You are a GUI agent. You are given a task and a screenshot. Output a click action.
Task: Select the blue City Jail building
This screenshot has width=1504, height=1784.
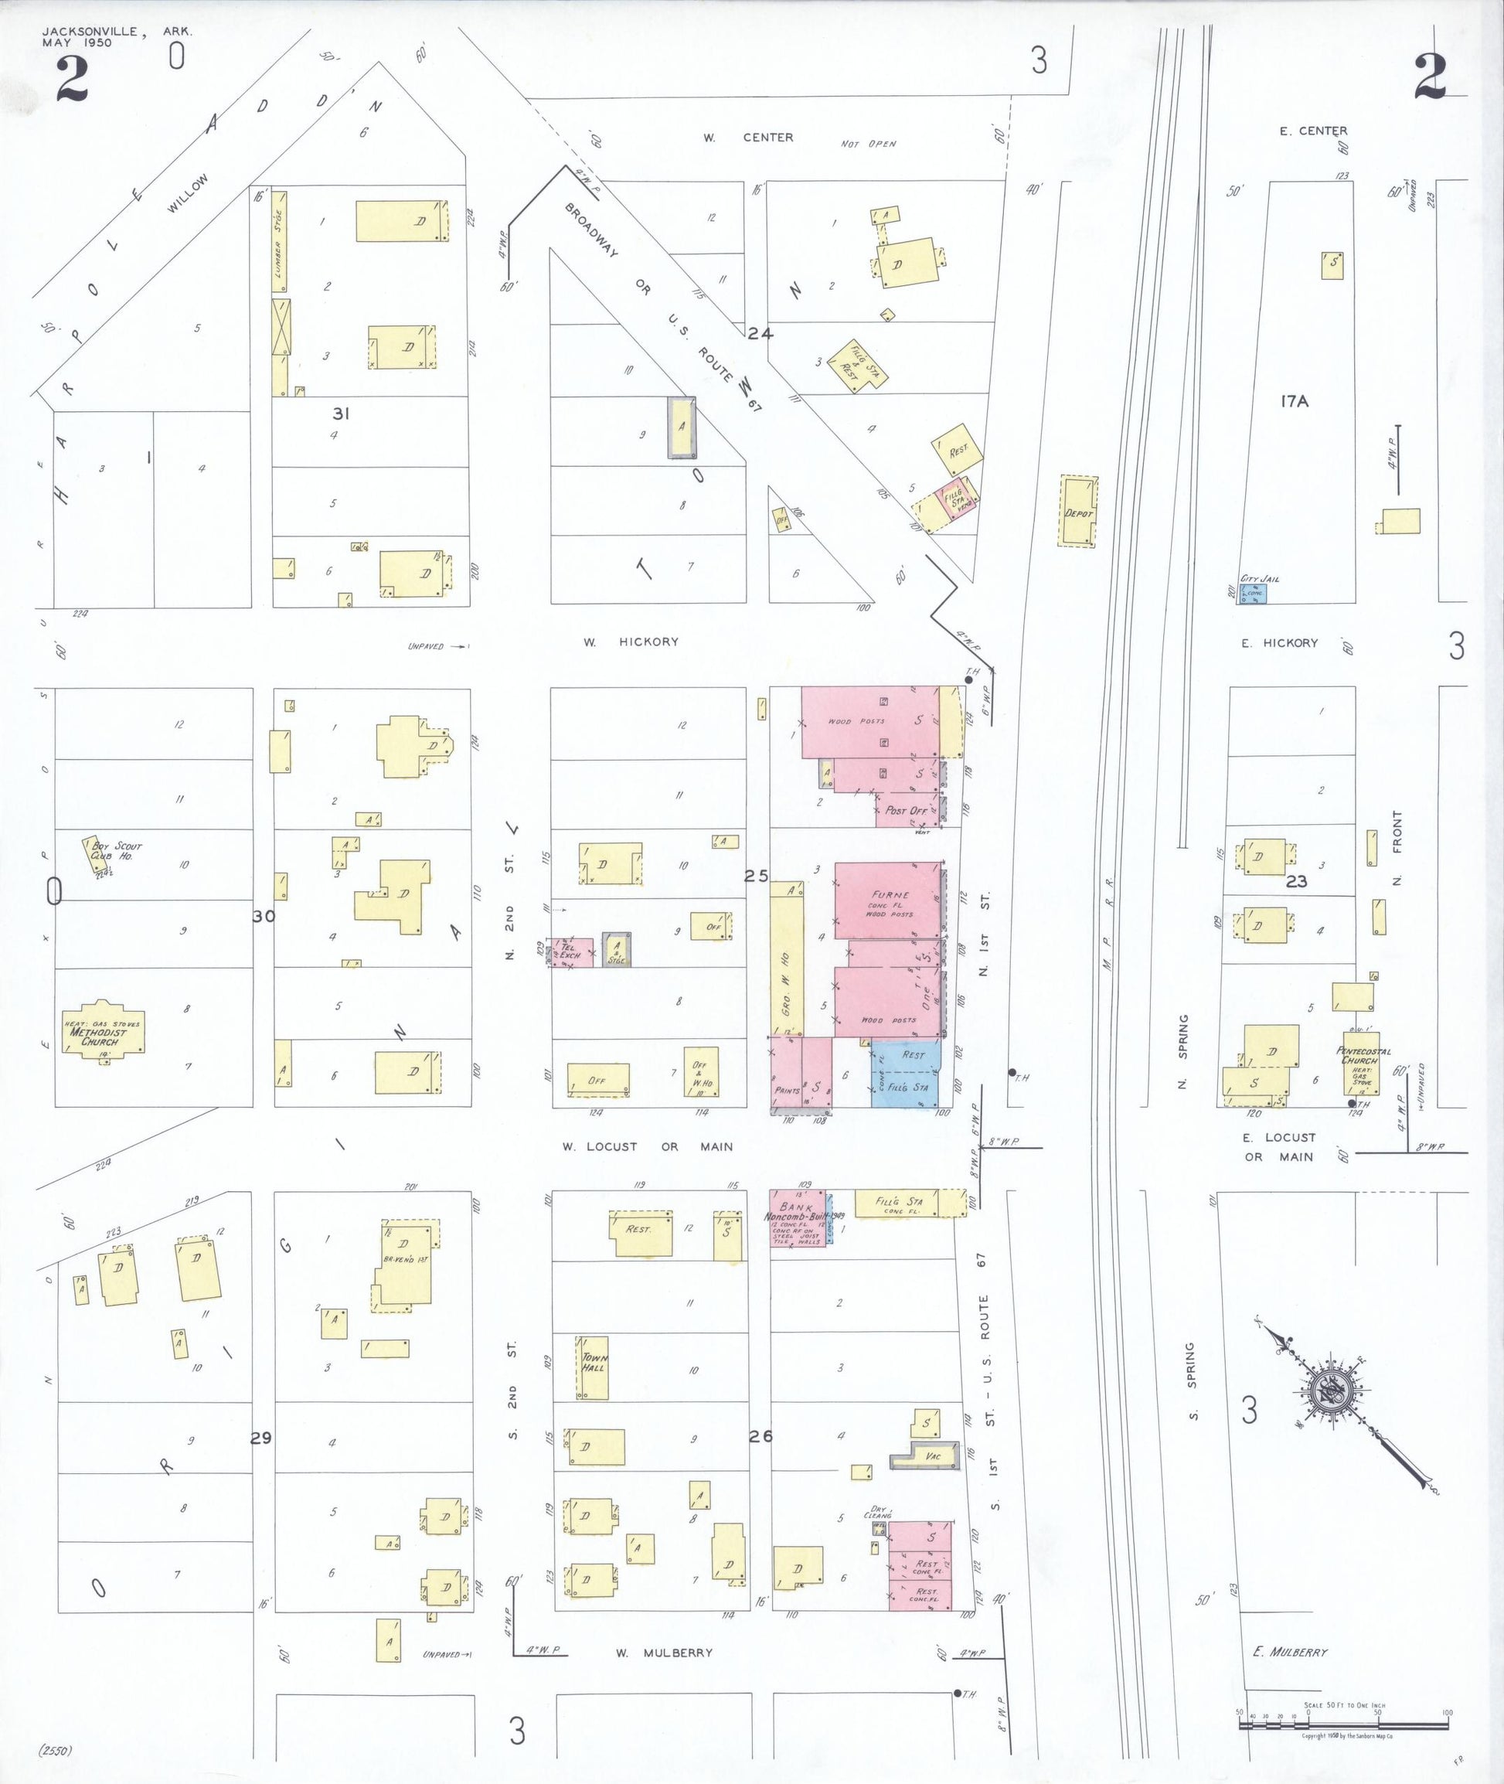[1253, 594]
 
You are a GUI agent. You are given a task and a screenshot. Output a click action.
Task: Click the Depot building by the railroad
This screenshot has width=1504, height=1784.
[1077, 511]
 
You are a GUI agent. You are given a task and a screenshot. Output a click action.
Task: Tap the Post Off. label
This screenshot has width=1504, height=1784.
[907, 810]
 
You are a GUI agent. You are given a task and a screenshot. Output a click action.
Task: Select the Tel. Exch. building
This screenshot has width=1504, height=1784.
[567, 952]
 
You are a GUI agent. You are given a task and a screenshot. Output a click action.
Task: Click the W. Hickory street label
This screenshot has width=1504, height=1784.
[631, 642]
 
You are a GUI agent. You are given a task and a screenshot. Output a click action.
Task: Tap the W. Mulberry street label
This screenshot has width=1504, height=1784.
[664, 1653]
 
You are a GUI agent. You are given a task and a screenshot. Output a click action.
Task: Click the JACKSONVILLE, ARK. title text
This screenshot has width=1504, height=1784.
[117, 32]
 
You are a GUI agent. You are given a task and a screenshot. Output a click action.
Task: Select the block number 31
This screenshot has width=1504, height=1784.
[341, 414]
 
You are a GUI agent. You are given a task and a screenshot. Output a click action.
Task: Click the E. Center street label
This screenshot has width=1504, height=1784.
[1313, 131]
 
